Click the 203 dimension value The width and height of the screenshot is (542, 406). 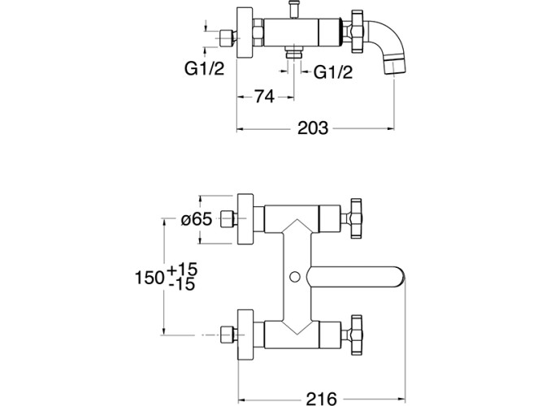click(314, 128)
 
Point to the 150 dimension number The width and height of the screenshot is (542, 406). click(149, 276)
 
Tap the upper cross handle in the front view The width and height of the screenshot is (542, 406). click(355, 216)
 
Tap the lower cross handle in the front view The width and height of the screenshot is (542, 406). click(355, 332)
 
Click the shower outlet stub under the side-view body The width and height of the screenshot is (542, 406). click(290, 58)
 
